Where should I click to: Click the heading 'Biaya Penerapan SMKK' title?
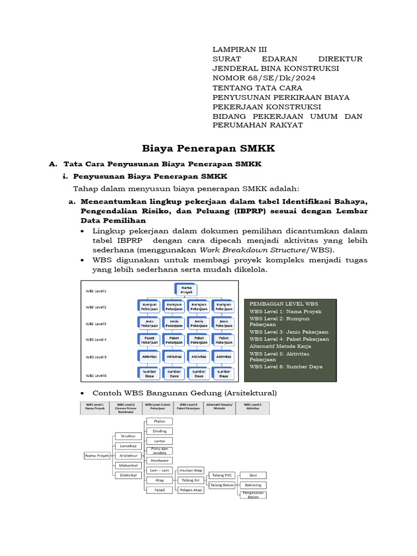208,148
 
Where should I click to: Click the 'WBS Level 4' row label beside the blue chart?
96,340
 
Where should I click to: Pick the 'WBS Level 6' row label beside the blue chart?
96,375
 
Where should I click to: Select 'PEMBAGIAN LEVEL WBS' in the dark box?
284,304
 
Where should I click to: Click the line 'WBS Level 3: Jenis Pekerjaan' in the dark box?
289,331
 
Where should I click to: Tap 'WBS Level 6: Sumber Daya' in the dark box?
286,367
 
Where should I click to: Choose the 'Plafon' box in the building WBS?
159,421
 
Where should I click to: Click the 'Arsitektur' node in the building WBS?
128,455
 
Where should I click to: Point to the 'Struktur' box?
128,435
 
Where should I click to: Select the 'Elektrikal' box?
128,475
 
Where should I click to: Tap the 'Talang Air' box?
191,480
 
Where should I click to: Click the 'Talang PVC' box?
223,475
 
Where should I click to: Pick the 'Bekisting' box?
253,485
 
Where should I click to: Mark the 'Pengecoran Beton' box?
253,495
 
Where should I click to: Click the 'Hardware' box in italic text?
159,460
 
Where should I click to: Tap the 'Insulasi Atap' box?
191,470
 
